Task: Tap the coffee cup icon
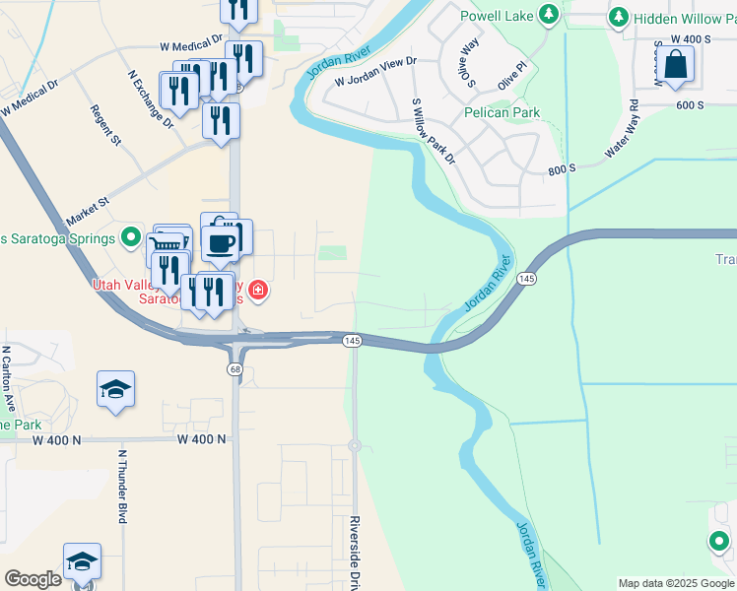point(219,242)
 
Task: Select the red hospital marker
point(258,290)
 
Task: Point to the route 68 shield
point(234,368)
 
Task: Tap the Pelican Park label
point(502,112)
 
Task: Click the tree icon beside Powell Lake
point(551,16)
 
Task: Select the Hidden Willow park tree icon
point(619,17)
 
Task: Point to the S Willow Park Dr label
point(434,131)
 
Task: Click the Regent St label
point(105,125)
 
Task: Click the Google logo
point(33,579)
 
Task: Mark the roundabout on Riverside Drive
point(355,445)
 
